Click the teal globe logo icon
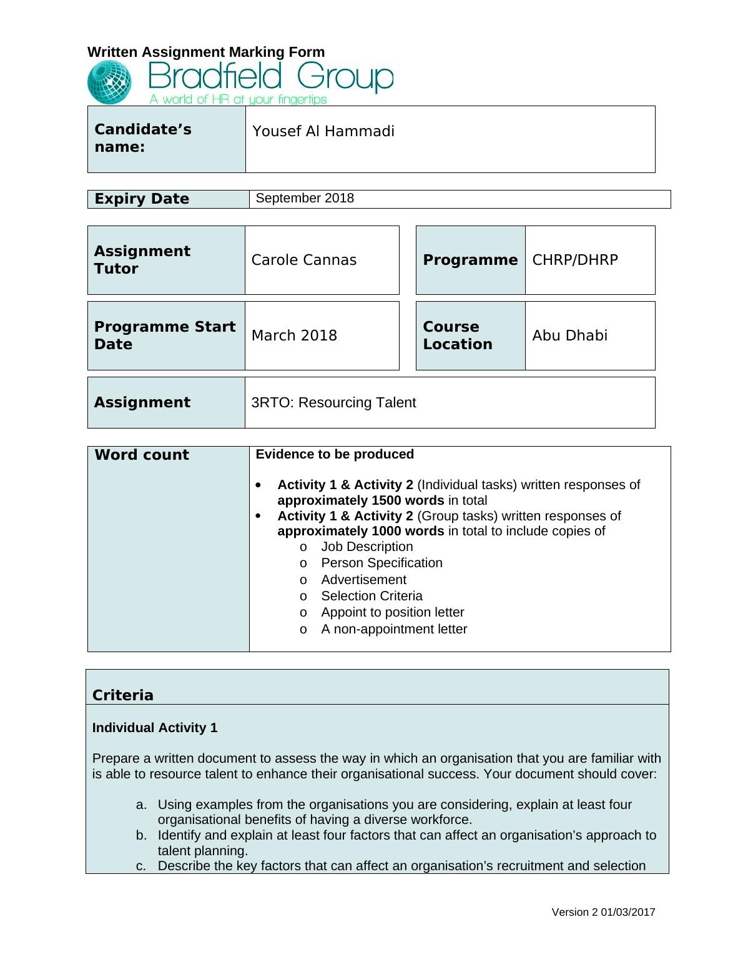click(110, 82)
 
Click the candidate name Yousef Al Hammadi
click(323, 131)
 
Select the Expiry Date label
click(142, 199)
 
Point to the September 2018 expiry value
click(305, 198)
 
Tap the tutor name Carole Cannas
click(303, 260)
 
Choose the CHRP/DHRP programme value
click(574, 260)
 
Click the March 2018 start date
click(294, 335)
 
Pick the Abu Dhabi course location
click(569, 335)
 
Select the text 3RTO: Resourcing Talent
click(333, 402)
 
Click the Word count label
click(142, 455)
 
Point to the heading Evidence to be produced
click(335, 454)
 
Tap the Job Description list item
click(367, 547)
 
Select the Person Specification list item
click(381, 563)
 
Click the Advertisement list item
click(363, 580)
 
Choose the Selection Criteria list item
click(371, 596)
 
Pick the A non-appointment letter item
click(394, 629)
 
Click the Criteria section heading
click(123, 695)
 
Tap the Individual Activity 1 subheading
click(155, 728)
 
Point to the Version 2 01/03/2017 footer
click(603, 912)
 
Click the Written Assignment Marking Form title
click(206, 52)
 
